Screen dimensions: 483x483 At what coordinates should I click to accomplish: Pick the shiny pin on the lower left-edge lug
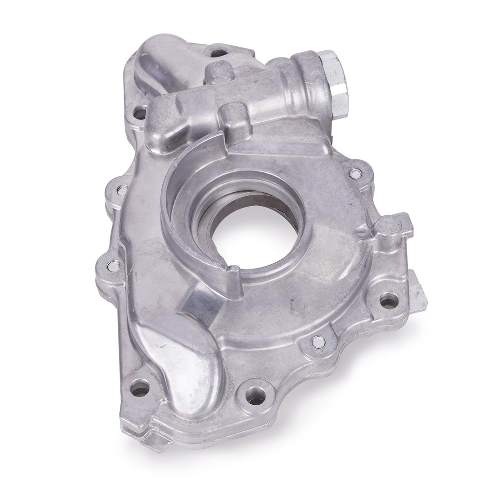(114, 264)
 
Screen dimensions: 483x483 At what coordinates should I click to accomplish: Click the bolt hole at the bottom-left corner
(140, 387)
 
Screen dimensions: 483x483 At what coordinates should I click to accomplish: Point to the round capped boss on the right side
(387, 226)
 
